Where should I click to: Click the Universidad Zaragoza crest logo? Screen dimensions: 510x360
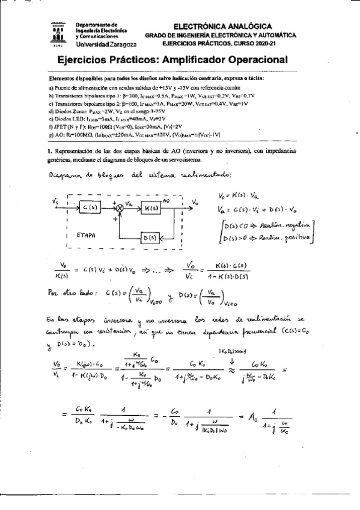pyautogui.click(x=58, y=35)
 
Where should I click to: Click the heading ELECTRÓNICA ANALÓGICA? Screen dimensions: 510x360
pyautogui.click(x=222, y=26)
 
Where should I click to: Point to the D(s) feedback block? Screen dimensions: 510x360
pyautogui.click(x=150, y=238)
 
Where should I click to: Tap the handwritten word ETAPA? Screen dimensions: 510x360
pyautogui.click(x=87, y=235)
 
